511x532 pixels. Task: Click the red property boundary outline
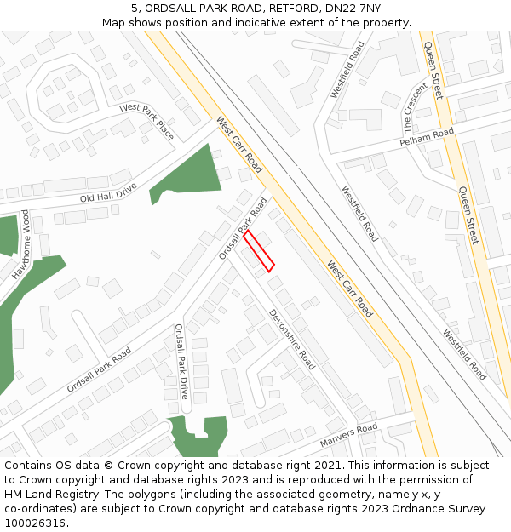259,251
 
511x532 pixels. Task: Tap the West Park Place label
146,121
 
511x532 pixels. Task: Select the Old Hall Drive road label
108,192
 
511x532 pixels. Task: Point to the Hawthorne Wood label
20,245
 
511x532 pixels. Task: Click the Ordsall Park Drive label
181,361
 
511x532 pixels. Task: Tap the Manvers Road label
348,438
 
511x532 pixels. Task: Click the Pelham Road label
427,137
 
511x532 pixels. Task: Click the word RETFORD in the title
286,8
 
